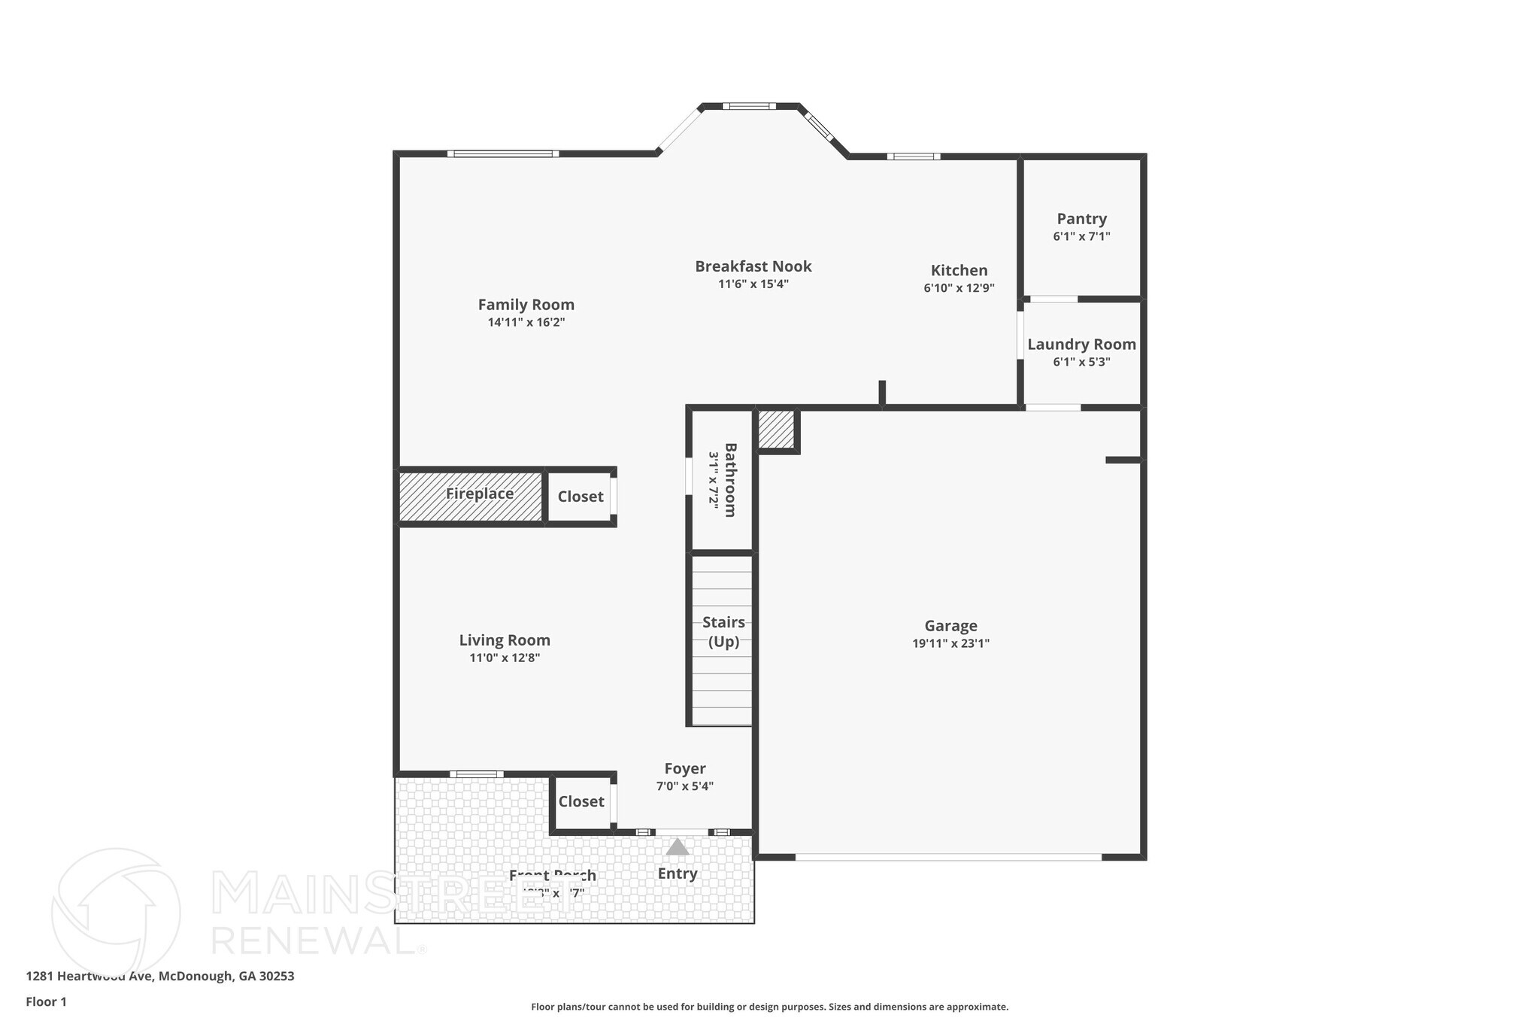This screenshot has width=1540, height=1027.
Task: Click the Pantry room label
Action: point(1081,219)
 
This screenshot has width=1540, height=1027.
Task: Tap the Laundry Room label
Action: point(1081,345)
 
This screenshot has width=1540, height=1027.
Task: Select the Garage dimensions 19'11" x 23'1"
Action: point(950,643)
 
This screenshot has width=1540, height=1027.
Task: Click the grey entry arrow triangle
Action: point(678,847)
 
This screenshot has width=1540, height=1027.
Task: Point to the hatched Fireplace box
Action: point(471,496)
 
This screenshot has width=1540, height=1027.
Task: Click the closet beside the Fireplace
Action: point(580,497)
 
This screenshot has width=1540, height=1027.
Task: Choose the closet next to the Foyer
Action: point(581,802)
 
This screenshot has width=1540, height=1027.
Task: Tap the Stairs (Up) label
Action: point(723,632)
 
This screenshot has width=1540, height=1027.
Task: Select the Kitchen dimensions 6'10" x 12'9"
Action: point(959,288)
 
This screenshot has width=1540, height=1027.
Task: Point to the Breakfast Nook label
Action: point(753,266)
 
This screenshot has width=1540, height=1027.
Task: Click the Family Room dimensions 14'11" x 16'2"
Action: point(526,323)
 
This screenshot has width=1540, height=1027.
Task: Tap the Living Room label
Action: point(505,640)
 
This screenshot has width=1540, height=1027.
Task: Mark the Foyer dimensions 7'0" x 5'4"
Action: point(684,787)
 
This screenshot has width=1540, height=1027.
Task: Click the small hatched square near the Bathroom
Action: point(776,430)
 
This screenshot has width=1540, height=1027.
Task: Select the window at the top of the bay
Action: point(749,106)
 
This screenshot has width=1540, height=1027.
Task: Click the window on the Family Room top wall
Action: point(502,154)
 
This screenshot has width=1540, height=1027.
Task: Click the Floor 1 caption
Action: point(46,1002)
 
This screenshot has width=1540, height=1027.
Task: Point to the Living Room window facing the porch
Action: point(477,774)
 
